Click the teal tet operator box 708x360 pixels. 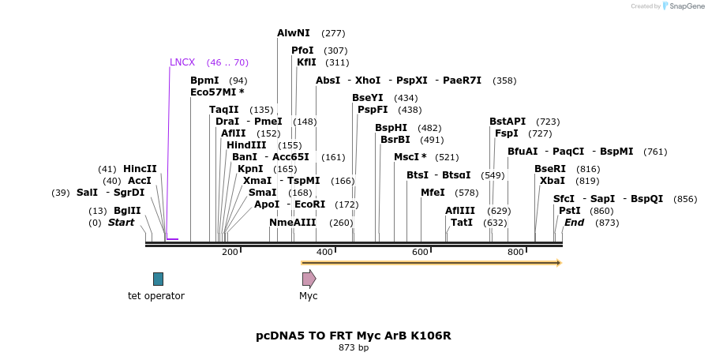158,279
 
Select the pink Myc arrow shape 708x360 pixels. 309,279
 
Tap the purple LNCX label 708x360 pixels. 182,62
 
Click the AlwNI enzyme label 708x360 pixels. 294,33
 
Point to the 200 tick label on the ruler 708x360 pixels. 230,252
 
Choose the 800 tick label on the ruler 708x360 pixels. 515,252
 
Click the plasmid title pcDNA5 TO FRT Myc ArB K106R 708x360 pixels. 354,336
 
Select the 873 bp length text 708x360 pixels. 354,347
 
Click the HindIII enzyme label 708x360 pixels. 246,145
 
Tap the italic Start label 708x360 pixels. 121,223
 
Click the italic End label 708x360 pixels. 574,223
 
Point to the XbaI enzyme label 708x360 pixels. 552,181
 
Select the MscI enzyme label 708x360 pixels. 410,157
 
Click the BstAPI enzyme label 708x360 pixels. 508,122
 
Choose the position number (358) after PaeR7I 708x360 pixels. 504,81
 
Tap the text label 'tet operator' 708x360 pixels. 156,296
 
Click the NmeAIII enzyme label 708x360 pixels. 293,223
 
